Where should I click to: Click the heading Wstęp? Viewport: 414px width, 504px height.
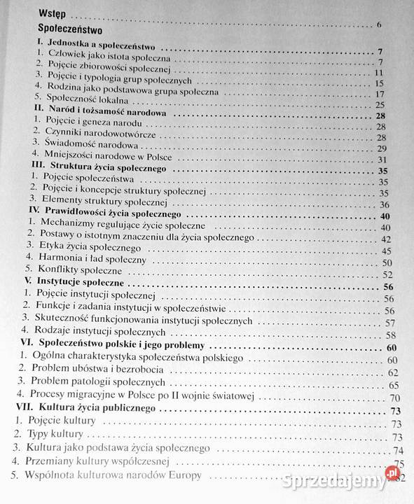click(x=57, y=13)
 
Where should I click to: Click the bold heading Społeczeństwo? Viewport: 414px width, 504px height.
click(x=72, y=31)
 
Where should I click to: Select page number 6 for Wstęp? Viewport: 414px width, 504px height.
click(x=378, y=27)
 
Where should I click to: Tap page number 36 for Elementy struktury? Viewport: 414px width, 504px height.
click(x=383, y=204)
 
